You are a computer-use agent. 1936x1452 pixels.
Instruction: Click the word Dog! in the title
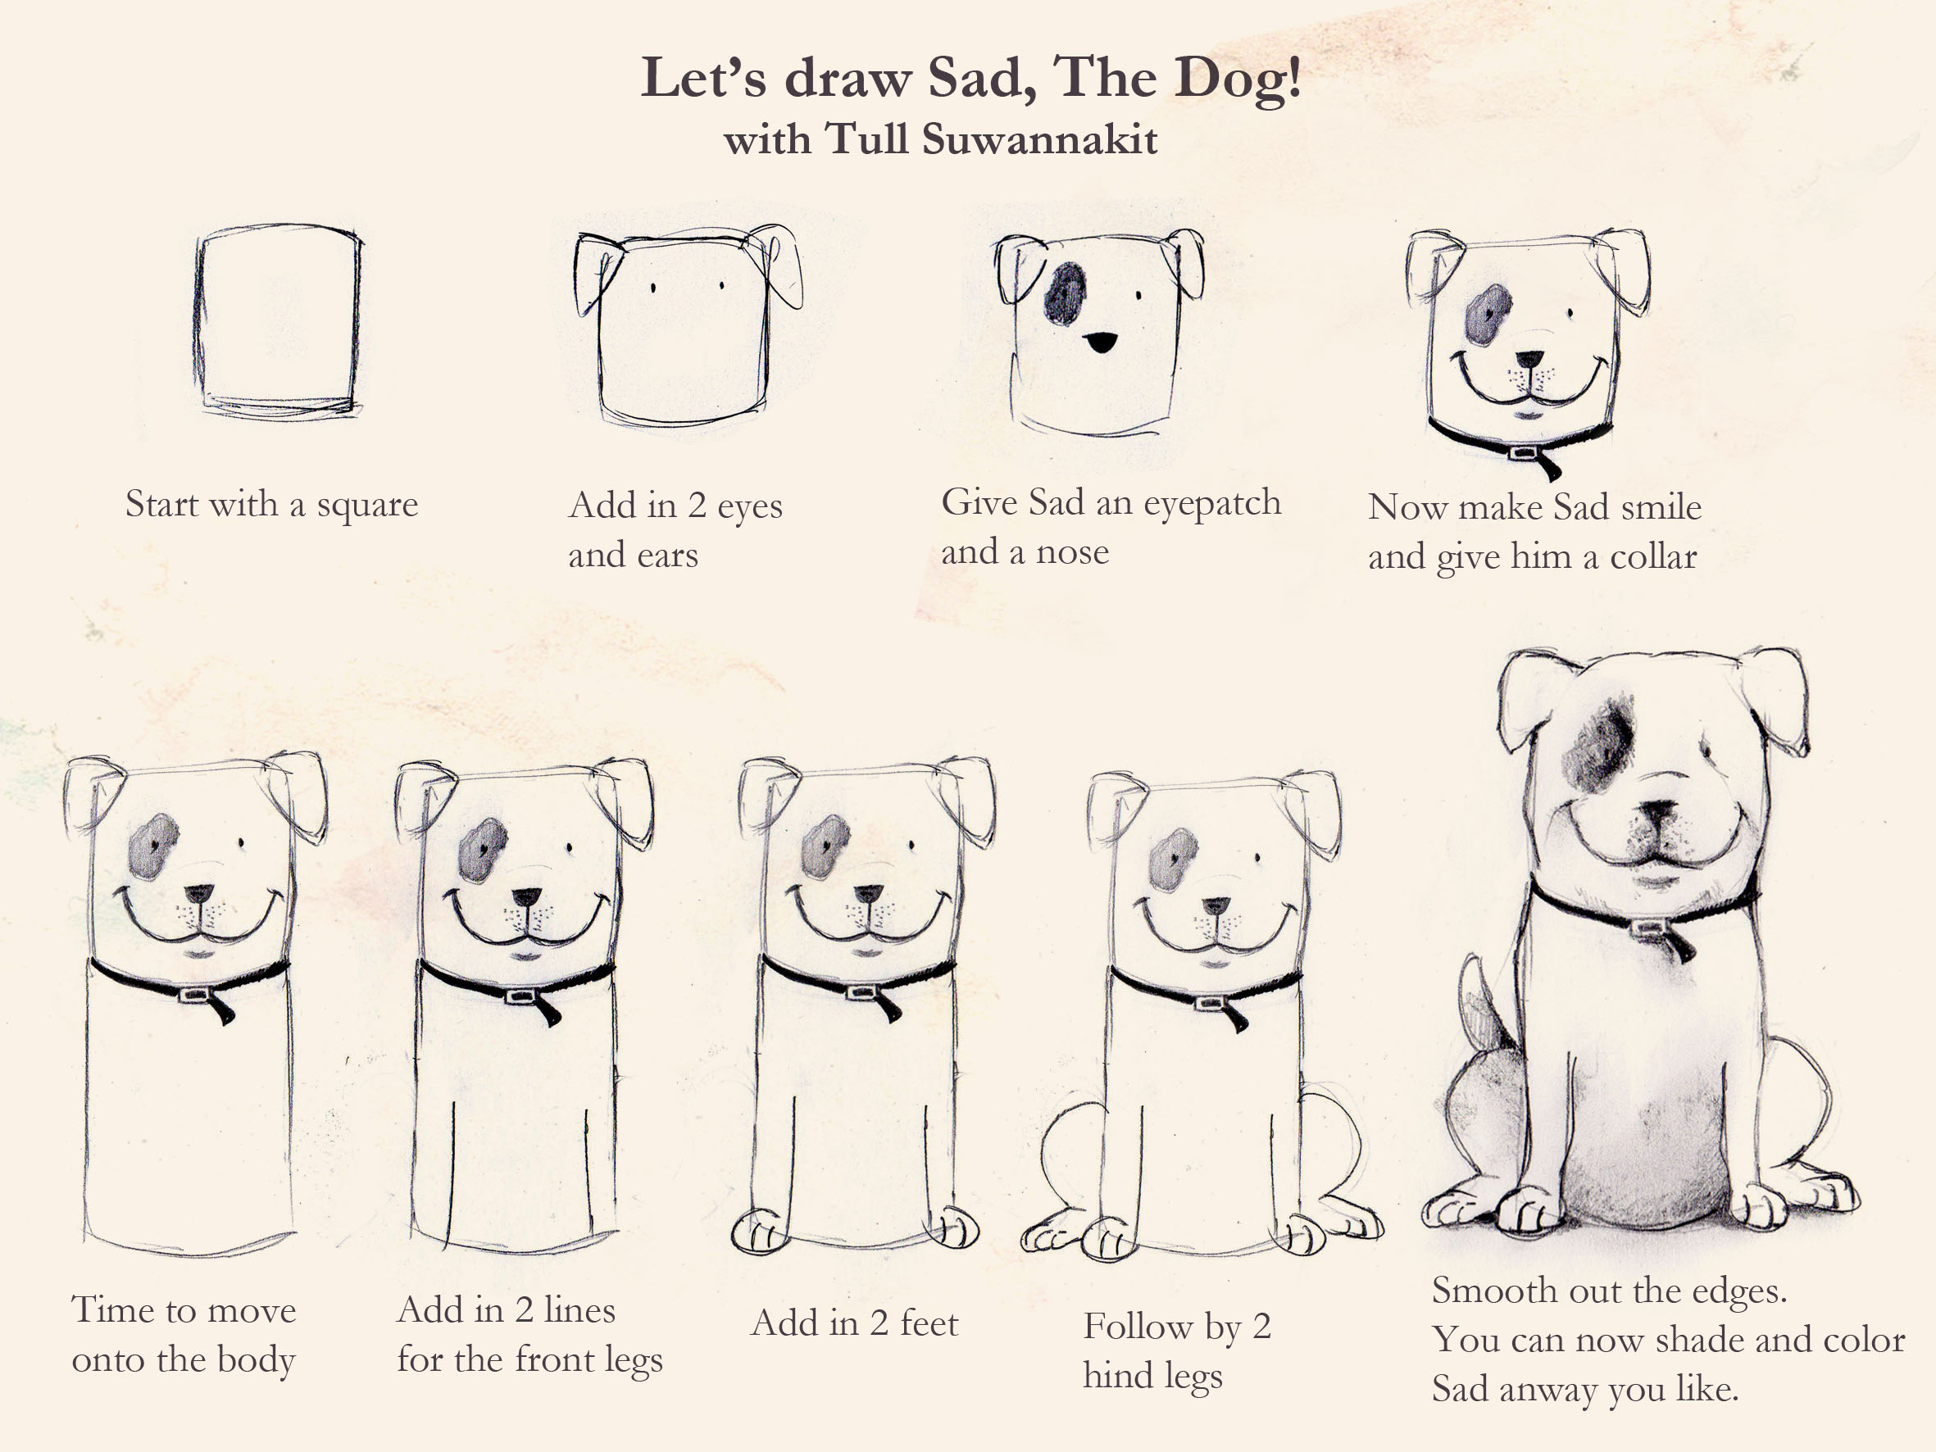coord(1237,79)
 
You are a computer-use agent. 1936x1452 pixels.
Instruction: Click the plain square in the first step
coord(277,320)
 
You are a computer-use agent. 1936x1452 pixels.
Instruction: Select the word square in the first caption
coord(366,506)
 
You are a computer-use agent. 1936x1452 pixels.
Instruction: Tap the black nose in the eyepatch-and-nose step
coord(1100,342)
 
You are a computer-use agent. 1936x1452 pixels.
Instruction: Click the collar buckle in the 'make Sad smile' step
coord(1523,453)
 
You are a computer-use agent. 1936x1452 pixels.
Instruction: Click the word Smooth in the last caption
coord(1485,1291)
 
